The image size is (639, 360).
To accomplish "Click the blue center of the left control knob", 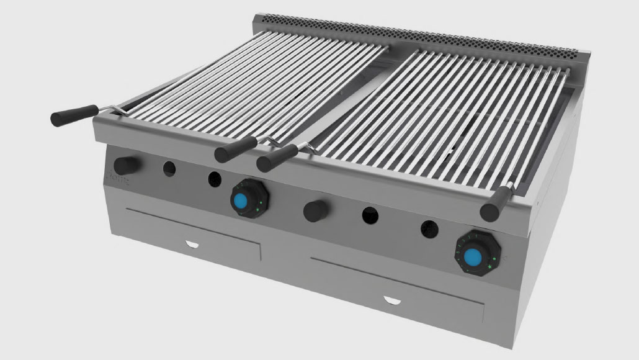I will [x=241, y=200].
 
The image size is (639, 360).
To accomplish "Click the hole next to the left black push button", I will [x=168, y=168].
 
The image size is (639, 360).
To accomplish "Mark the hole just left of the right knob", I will [x=427, y=228].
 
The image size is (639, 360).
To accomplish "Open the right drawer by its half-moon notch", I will [x=394, y=301].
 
